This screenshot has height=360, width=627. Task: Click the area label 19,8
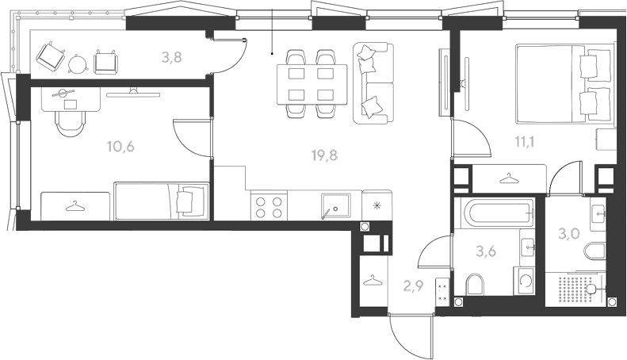pyautogui.click(x=324, y=155)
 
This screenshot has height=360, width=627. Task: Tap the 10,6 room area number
pyautogui.click(x=120, y=147)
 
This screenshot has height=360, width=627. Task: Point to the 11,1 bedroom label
pyautogui.click(x=525, y=142)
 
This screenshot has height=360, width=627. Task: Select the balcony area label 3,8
pyautogui.click(x=172, y=58)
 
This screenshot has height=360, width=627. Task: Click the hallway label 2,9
pyautogui.click(x=414, y=285)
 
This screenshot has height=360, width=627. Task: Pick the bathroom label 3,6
pyautogui.click(x=486, y=251)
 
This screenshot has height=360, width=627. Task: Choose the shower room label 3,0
pyautogui.click(x=568, y=234)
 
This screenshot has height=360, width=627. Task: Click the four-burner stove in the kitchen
pyautogui.click(x=269, y=206)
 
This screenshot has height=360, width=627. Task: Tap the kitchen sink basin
pyautogui.click(x=335, y=207)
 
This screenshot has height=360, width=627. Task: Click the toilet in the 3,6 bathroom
pyautogui.click(x=475, y=285)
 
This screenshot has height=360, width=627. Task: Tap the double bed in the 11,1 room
pyautogui.click(x=564, y=82)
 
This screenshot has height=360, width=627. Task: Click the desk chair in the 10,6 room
pyautogui.click(x=71, y=123)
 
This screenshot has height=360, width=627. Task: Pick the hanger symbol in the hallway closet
pyautogui.click(x=373, y=280)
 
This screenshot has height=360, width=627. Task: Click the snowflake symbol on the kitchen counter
pyautogui.click(x=377, y=205)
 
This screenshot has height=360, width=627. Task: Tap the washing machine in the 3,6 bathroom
pyautogui.click(x=524, y=281)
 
